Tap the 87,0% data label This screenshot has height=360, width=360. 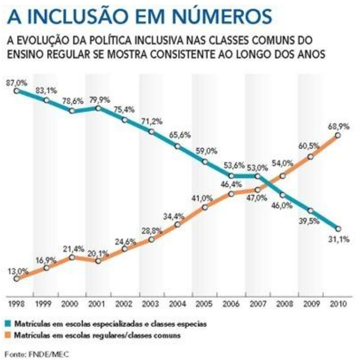17,83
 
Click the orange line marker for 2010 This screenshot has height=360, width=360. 337,135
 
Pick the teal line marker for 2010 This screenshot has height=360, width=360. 337,228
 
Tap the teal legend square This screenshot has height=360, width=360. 9,322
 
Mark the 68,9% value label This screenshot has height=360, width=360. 336,126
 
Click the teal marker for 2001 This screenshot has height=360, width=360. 98,108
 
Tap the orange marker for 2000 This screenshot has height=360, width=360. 72,257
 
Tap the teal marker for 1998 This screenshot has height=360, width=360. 17,91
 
